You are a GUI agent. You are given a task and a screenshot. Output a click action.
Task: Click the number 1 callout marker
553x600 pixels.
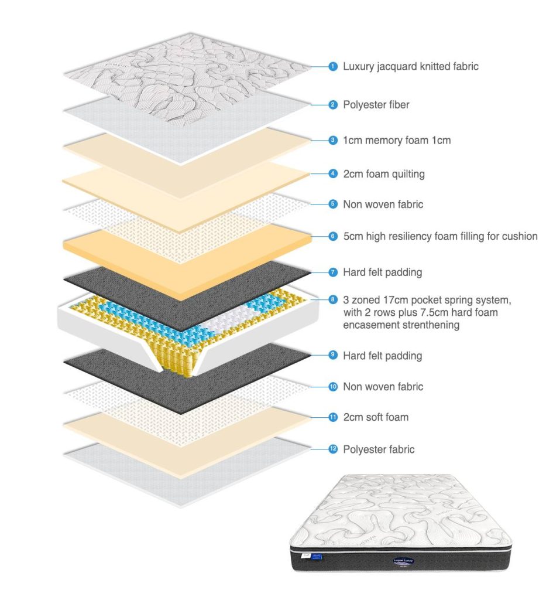point(333,67)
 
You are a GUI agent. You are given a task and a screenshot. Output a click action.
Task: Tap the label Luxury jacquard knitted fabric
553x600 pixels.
point(410,67)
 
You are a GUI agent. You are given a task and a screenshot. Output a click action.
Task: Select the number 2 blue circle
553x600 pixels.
point(333,105)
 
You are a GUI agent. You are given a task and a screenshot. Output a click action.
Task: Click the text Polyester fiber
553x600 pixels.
point(376,105)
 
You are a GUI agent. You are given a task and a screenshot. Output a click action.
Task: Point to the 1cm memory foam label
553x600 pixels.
point(396,141)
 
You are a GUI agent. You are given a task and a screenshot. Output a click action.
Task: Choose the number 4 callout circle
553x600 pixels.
point(333,174)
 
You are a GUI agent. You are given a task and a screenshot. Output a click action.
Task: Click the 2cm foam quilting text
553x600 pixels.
point(383,174)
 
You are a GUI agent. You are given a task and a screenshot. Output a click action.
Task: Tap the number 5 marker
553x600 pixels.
point(333,204)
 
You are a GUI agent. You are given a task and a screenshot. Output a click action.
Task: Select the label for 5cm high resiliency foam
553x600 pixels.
point(439,237)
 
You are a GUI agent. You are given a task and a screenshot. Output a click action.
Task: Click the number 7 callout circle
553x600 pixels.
point(333,272)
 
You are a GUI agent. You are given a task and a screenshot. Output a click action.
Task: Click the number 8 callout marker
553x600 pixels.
point(333,300)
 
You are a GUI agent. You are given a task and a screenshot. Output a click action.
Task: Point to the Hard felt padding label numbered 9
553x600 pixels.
point(382,356)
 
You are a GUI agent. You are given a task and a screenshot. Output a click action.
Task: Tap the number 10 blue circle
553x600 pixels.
point(333,387)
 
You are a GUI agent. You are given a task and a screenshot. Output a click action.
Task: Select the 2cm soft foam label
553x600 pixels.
point(376,417)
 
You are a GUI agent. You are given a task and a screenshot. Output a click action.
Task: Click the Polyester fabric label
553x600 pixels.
point(379,449)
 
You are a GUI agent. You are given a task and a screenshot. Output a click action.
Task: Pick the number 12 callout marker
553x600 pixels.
point(333,449)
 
